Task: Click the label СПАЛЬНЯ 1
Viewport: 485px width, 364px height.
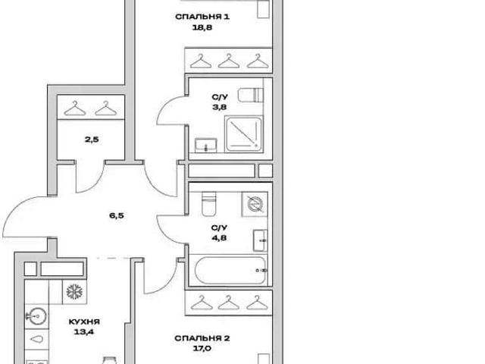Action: point(202,17)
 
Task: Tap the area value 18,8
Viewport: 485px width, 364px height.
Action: point(202,27)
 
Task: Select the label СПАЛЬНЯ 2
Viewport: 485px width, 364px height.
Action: point(202,338)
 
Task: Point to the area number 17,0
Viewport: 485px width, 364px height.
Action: point(202,349)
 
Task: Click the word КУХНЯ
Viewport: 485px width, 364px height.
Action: point(84,322)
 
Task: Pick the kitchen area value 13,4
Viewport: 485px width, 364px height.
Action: point(84,332)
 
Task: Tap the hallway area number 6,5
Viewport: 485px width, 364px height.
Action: point(117,215)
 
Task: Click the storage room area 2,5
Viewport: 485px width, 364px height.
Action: point(92,140)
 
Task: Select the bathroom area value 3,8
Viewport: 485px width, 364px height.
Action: point(219,108)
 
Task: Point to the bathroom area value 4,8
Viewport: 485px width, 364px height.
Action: point(219,238)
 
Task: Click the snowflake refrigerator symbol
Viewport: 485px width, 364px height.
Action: point(74,291)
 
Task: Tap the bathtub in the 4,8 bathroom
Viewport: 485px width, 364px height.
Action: point(230,271)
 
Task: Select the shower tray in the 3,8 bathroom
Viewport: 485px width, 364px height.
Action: point(243,134)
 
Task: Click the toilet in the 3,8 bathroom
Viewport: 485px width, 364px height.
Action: point(251,95)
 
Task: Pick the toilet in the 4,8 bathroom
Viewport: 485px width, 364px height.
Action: point(209,204)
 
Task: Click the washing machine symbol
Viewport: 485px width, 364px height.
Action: point(255,204)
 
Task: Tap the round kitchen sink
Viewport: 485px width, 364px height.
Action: point(36,316)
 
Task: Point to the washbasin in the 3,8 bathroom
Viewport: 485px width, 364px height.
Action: point(205,145)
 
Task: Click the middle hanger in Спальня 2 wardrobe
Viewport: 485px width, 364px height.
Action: point(229,303)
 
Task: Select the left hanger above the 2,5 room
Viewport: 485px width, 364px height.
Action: point(75,108)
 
